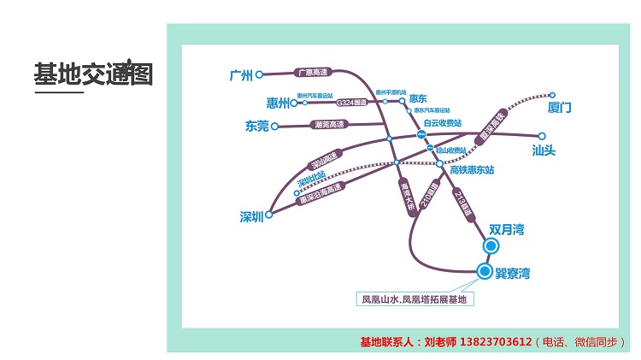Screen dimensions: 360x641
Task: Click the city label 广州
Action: point(243,75)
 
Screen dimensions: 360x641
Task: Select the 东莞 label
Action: point(256,127)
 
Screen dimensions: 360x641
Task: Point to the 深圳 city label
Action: point(251,217)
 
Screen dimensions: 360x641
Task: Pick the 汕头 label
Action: point(544,150)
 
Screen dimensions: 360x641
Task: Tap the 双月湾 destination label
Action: point(506,230)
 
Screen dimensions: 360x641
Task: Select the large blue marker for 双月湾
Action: point(491,246)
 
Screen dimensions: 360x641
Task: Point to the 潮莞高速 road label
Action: point(329,125)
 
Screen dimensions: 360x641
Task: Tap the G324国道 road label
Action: point(351,103)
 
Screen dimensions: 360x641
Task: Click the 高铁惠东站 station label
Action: point(472,169)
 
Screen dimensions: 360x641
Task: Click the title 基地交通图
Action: point(93,74)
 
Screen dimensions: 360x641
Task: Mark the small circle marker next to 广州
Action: point(260,74)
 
